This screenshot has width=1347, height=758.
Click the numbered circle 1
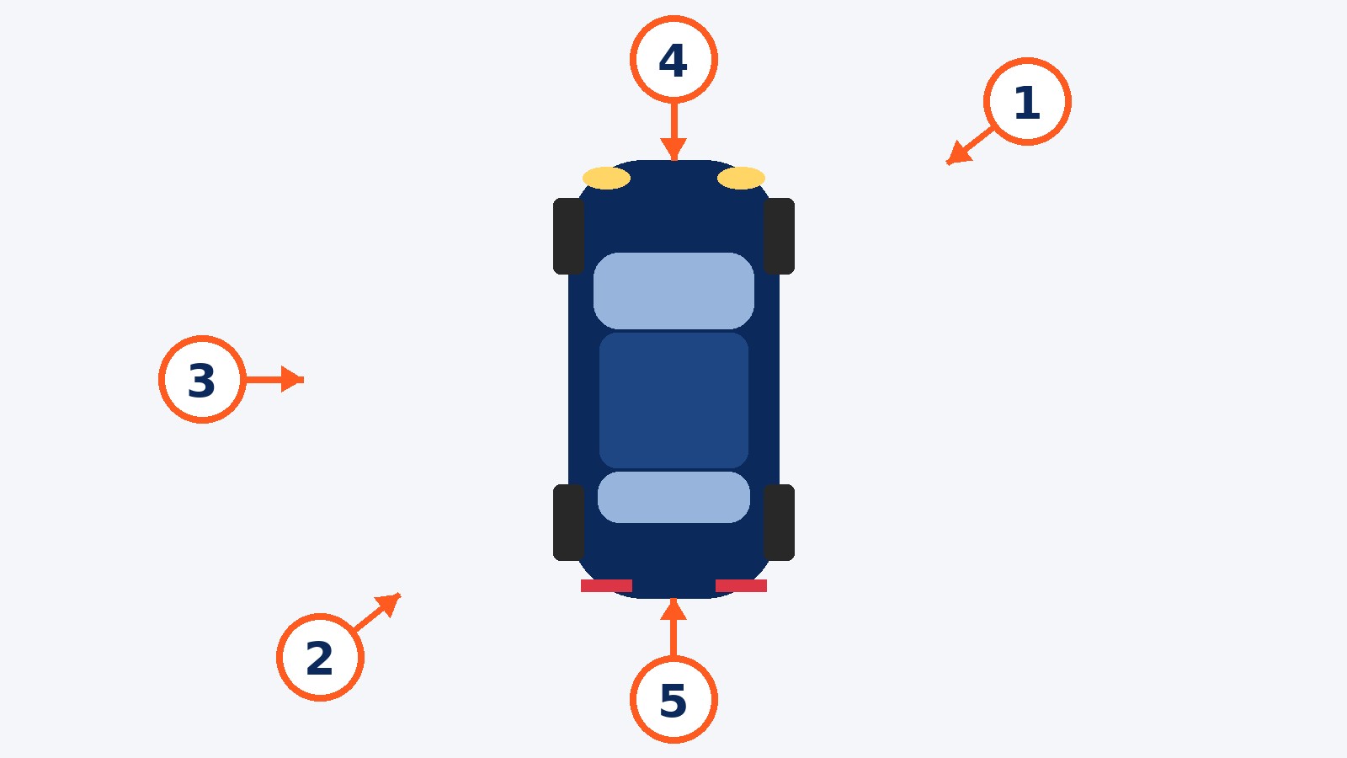[x=1027, y=102]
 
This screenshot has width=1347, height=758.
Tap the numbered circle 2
[x=320, y=657]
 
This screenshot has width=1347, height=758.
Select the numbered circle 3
[x=202, y=380]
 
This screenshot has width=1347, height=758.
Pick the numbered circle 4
[x=673, y=60]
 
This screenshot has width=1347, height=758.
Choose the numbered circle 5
[x=673, y=700]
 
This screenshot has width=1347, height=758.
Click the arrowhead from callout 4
[x=673, y=148]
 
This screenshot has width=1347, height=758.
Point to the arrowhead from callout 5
[x=673, y=609]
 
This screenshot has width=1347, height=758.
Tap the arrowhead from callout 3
[x=292, y=380]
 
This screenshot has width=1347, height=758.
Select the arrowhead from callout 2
[x=388, y=605]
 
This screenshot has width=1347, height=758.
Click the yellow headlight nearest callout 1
[x=741, y=178]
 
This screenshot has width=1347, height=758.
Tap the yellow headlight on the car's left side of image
[x=606, y=178]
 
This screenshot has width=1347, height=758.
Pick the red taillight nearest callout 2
[x=606, y=585]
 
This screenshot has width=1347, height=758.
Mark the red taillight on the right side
[x=741, y=585]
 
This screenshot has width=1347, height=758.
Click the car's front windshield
[x=673, y=291]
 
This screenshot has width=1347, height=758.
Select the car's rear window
[x=673, y=497]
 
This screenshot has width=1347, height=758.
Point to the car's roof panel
[x=673, y=400]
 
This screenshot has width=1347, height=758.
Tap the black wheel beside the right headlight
[x=780, y=236]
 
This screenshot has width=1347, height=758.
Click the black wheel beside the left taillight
[x=568, y=522]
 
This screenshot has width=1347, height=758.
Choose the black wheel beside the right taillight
[x=780, y=522]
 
